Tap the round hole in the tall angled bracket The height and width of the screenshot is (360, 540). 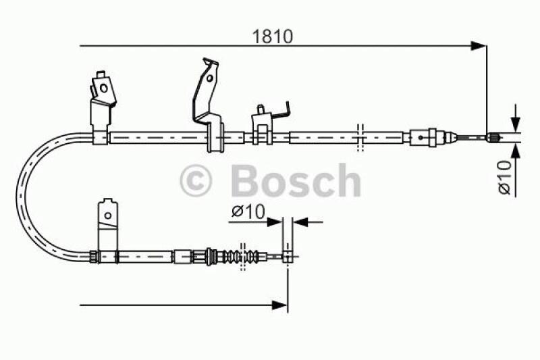point(211,78)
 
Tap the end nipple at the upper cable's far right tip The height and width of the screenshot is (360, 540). point(493,138)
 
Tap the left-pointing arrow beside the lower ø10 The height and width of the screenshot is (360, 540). point(300,221)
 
